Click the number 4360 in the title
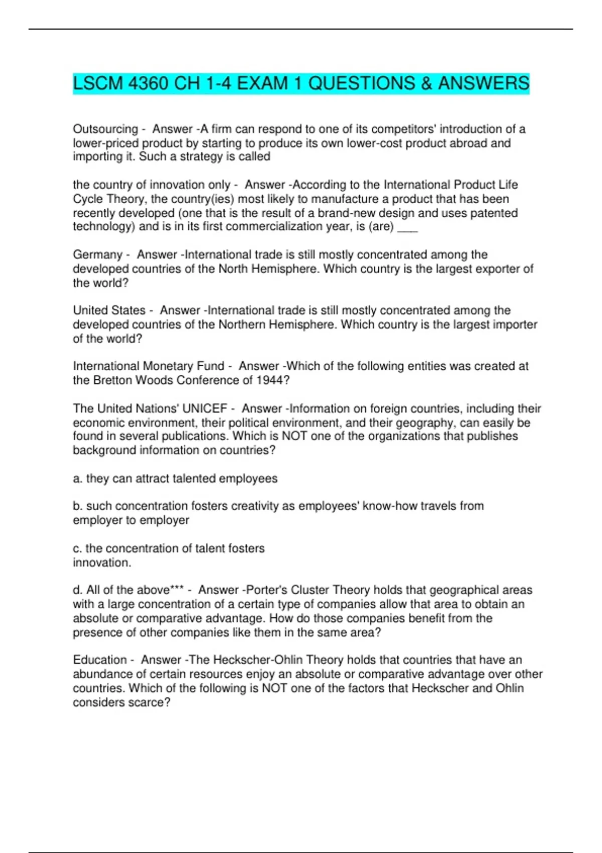(148, 83)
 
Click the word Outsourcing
(105, 129)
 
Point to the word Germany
(97, 254)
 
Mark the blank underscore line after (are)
(407, 227)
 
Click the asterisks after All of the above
(177, 590)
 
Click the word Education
(100, 659)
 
